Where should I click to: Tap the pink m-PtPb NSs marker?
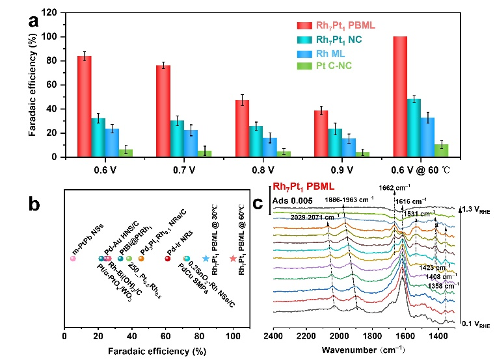click(73, 259)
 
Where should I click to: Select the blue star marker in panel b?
click(206, 259)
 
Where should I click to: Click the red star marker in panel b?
click(233, 259)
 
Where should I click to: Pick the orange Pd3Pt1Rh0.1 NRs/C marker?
click(141, 259)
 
